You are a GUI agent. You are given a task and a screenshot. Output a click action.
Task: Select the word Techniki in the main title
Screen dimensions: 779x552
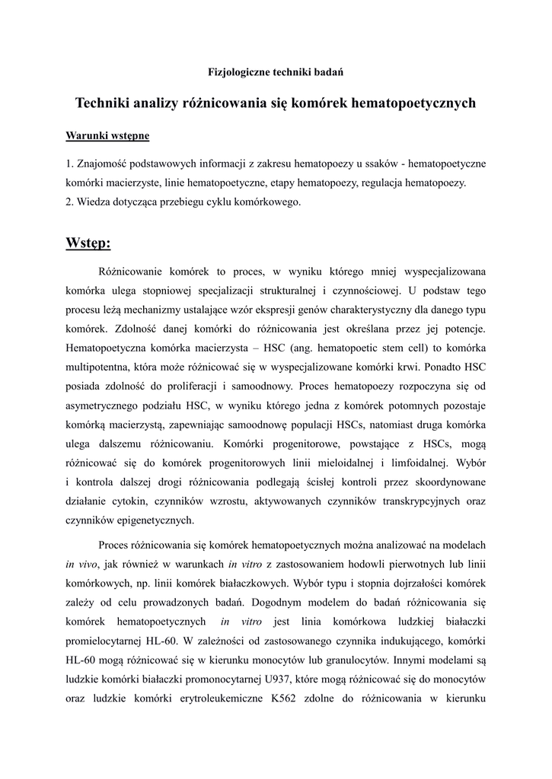[104, 103]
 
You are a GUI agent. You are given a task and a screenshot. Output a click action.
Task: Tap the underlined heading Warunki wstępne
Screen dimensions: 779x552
[107, 136]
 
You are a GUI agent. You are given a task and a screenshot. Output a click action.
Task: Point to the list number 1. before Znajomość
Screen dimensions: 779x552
[70, 164]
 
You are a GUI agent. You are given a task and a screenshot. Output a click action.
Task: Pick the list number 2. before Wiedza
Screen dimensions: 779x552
[70, 202]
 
